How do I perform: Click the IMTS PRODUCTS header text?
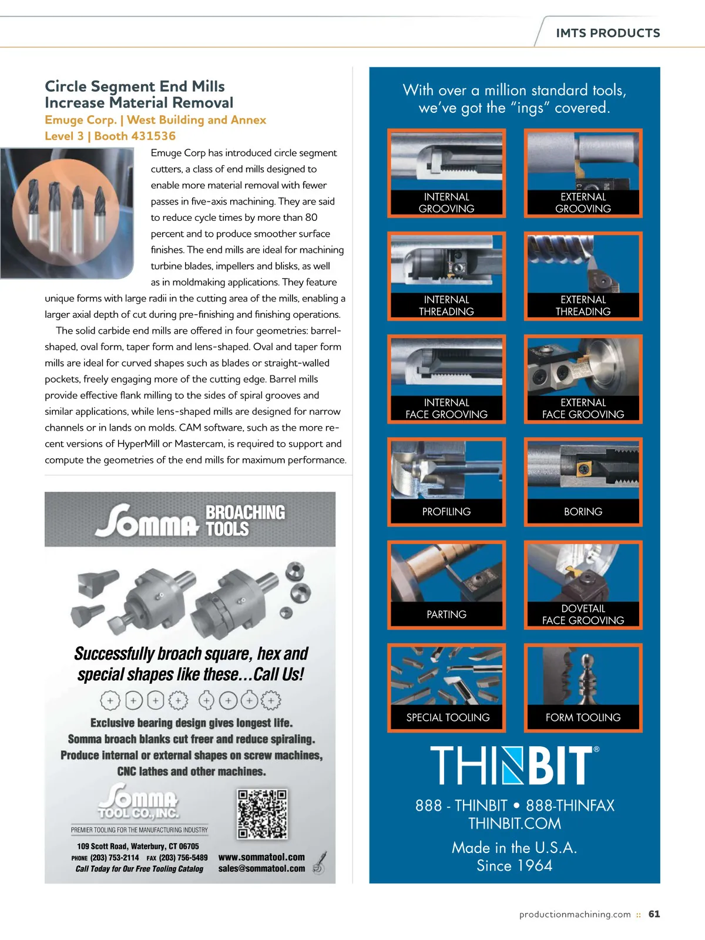[607, 33]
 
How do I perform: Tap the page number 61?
[654, 914]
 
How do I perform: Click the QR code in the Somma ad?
[263, 814]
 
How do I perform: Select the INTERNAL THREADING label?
[446, 305]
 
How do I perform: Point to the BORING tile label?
[583, 512]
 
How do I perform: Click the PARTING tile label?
[446, 615]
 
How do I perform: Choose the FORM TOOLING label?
[583, 717]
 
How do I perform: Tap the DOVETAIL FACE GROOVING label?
[583, 615]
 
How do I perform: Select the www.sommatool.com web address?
[261, 857]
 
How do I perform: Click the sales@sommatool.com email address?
[261, 868]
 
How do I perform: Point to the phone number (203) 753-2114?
[115, 858]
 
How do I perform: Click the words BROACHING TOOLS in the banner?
[244, 521]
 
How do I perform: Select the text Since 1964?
[514, 865]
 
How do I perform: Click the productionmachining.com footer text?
[575, 914]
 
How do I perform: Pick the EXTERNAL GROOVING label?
[583, 203]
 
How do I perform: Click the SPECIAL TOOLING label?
[448, 717]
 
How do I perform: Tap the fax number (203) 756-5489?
[183, 858]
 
